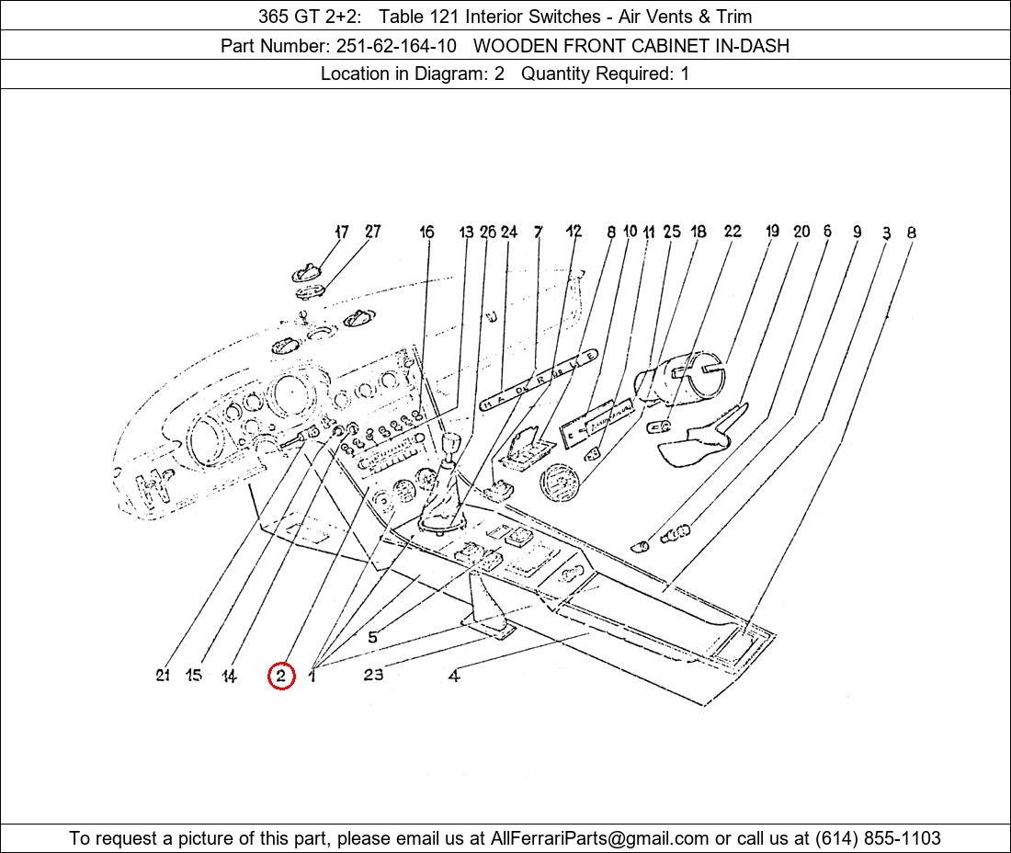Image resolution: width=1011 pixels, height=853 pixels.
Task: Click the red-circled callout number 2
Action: (x=281, y=677)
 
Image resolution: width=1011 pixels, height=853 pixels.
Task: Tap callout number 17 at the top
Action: (x=342, y=233)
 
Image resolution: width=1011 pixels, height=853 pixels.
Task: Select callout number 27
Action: (x=372, y=232)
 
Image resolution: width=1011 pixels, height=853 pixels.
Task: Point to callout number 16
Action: (x=426, y=233)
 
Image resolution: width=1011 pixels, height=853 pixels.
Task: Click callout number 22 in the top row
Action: (x=732, y=232)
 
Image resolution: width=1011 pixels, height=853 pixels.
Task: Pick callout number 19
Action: (x=772, y=232)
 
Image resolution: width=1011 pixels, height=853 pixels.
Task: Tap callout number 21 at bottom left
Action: (x=163, y=676)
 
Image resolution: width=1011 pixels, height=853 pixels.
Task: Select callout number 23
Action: (x=373, y=675)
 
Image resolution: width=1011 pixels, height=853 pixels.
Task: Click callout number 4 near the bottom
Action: (x=454, y=677)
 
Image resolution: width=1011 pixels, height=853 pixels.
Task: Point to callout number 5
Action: (x=372, y=637)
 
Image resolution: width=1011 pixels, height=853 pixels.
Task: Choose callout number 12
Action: (x=574, y=232)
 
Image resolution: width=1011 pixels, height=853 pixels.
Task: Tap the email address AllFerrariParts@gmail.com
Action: (x=599, y=838)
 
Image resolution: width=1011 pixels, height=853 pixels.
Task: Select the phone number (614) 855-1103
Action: (x=878, y=838)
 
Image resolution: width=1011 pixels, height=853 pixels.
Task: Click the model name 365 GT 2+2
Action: (x=309, y=16)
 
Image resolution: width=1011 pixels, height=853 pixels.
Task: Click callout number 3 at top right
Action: (x=886, y=233)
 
